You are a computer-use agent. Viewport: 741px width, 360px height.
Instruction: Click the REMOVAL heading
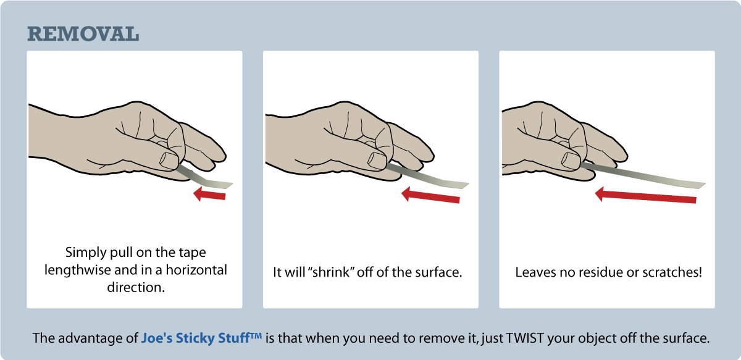coord(83,34)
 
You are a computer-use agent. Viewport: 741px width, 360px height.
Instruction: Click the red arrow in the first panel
coord(209,195)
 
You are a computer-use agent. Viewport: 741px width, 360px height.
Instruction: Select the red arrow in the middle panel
coord(430,195)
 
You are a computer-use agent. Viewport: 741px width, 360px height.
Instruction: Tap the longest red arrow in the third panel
coord(646,196)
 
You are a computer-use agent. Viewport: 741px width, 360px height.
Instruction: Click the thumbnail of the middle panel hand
coord(377,161)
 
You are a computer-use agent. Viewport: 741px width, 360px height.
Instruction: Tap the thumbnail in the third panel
coord(571,161)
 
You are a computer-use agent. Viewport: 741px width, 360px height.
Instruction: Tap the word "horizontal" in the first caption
coord(196,270)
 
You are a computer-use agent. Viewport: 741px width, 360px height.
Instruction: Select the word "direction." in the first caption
coord(136,288)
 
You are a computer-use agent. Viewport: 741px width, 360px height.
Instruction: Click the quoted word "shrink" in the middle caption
coord(331,272)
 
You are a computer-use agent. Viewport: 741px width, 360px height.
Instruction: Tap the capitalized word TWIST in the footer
coord(525,338)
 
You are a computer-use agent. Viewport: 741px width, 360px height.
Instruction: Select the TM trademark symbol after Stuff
coord(256,335)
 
